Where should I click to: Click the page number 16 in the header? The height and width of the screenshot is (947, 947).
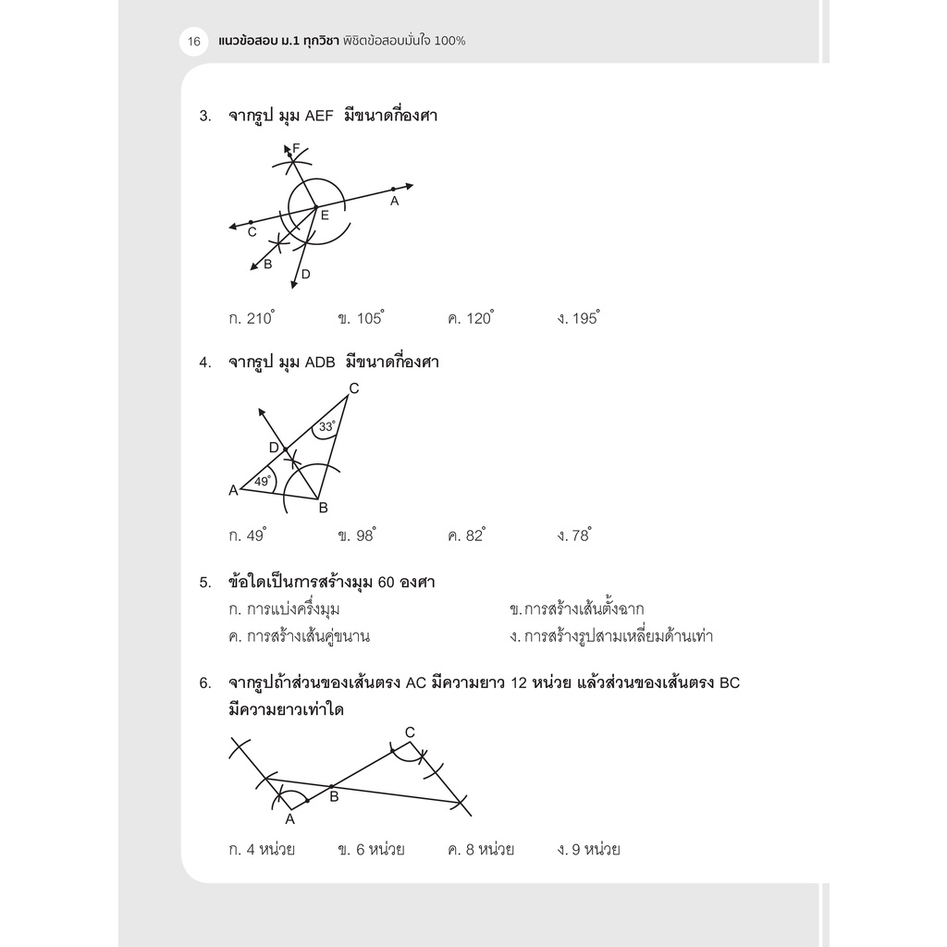click(194, 42)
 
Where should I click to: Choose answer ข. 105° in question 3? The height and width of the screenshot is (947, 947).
click(361, 318)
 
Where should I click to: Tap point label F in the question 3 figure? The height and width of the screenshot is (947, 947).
click(296, 148)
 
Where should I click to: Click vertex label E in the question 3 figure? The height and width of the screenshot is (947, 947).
click(325, 215)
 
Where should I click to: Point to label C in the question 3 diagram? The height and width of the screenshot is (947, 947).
click(252, 232)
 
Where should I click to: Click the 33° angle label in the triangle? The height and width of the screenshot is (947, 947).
click(326, 427)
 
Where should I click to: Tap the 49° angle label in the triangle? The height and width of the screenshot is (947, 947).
click(263, 481)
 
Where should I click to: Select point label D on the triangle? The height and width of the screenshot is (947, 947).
click(274, 448)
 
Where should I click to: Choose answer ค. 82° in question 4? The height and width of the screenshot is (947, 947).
click(466, 535)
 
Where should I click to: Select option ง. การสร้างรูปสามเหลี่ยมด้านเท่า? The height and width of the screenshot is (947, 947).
click(610, 636)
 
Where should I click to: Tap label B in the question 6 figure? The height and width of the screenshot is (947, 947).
click(335, 796)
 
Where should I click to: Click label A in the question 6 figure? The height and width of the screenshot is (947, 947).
click(289, 818)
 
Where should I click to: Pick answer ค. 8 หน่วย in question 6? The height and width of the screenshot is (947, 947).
click(480, 849)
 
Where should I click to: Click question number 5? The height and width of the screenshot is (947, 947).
click(204, 583)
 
